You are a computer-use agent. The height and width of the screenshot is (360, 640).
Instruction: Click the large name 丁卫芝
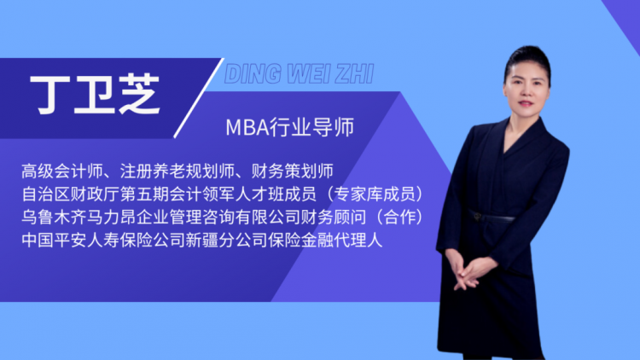(95, 95)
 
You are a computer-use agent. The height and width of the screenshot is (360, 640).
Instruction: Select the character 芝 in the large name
(140, 95)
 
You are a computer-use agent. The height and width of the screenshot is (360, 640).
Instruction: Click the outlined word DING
(253, 74)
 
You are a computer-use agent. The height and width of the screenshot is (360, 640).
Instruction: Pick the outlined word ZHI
(354, 74)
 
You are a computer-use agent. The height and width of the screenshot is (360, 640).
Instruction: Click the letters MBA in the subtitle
(247, 127)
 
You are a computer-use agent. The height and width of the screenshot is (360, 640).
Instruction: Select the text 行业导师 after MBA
(311, 127)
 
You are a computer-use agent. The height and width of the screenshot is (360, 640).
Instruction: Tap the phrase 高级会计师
(62, 171)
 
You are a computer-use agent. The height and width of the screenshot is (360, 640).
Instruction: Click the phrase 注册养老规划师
(177, 171)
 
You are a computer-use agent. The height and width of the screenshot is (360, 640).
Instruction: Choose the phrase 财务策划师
(292, 171)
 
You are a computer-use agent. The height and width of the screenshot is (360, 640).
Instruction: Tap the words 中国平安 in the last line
(55, 240)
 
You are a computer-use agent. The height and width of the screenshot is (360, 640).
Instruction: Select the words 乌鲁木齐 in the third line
(55, 218)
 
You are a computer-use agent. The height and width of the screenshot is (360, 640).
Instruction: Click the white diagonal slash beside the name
(199, 98)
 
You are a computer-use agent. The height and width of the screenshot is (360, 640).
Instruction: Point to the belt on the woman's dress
(491, 217)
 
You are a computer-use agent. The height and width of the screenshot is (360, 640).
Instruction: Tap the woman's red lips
(526, 103)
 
